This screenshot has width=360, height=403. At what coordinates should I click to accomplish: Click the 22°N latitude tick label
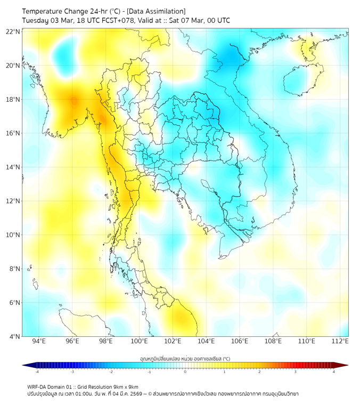[x=13, y=31]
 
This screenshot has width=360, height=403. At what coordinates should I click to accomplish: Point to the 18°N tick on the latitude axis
[x=13, y=99]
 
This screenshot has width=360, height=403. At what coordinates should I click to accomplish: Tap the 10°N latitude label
[x=13, y=235]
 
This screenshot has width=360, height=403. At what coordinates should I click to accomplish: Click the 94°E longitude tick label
[x=39, y=341]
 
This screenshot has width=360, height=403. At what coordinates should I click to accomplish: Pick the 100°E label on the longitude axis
[x=140, y=341]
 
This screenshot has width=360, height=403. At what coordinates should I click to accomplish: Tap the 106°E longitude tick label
[x=240, y=341]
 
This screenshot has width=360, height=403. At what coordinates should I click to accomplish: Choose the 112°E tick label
[x=340, y=341]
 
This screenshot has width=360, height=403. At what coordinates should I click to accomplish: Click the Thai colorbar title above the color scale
[x=185, y=358]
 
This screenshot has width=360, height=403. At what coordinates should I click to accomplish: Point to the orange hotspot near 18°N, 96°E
[x=72, y=100]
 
